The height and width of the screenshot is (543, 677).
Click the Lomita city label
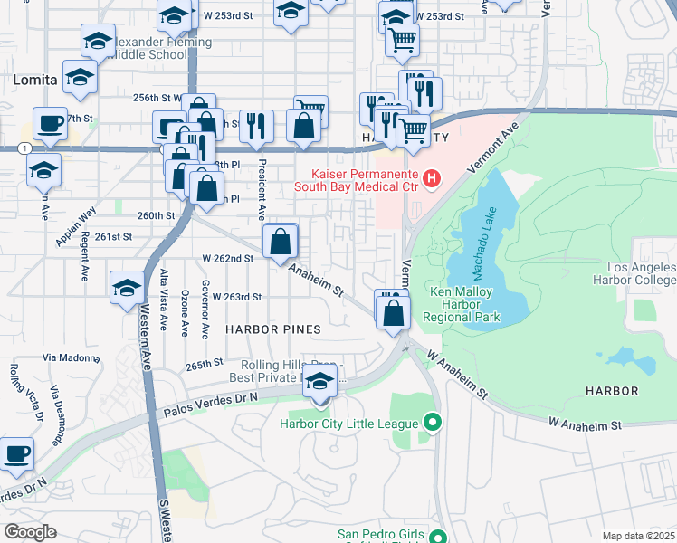[x=34, y=80]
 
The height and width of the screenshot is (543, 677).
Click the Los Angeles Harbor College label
[x=641, y=275]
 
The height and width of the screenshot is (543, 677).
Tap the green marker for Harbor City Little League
[x=432, y=423]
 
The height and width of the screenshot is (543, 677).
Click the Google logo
[x=31, y=532]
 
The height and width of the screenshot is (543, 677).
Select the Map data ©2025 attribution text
[x=638, y=536]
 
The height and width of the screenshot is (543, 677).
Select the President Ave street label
[x=262, y=191]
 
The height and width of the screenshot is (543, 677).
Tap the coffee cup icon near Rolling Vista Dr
[x=16, y=452]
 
